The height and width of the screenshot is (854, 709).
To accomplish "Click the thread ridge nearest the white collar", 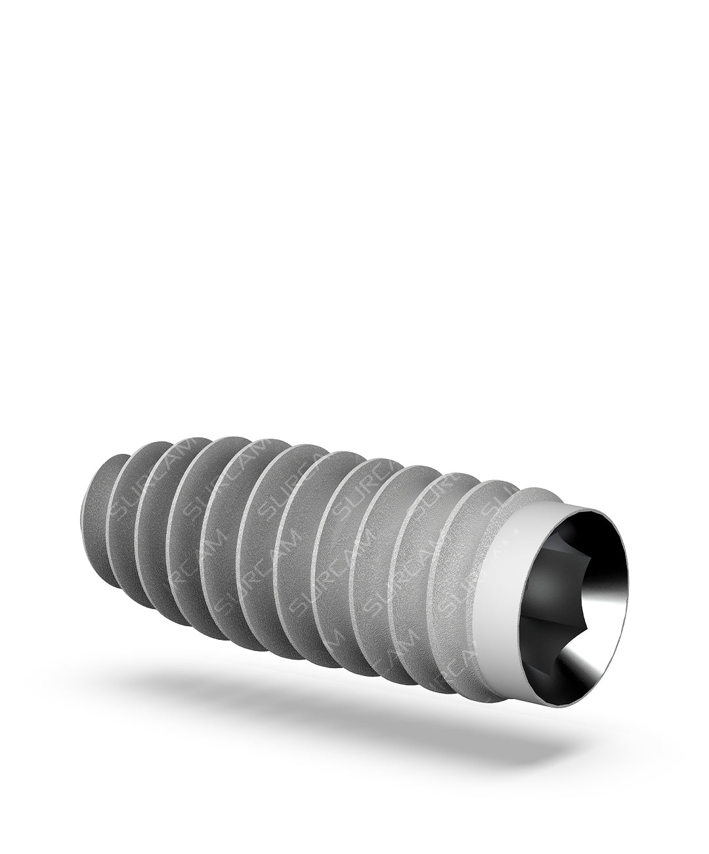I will pyautogui.click(x=460, y=578).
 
